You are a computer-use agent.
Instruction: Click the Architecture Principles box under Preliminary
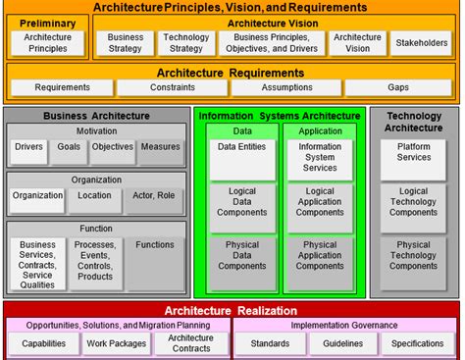[x=47, y=42]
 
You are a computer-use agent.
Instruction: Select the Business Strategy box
[x=125, y=42]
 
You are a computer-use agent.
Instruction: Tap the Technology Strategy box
[x=185, y=42]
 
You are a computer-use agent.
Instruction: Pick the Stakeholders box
[x=422, y=43]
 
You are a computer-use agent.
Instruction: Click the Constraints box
[x=174, y=87]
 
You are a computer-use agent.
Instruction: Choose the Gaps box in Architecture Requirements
[x=397, y=87]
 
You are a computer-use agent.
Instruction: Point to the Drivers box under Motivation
[x=27, y=152]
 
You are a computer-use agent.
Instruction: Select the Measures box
[x=159, y=152]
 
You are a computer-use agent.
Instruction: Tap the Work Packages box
[x=117, y=343]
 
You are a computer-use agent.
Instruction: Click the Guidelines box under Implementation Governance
[x=343, y=343]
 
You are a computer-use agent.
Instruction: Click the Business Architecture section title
[x=96, y=116]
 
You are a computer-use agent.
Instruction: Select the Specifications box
[x=418, y=343]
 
